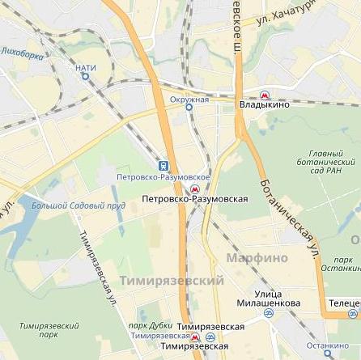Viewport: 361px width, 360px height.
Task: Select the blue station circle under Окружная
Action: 189,107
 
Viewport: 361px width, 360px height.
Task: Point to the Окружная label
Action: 189,99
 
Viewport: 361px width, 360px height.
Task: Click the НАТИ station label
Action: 86,68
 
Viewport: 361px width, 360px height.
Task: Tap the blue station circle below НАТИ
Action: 85,77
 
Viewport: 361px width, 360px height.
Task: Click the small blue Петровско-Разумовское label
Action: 163,176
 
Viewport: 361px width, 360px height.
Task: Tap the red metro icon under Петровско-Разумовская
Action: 194,188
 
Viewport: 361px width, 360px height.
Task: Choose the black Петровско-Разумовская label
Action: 193,198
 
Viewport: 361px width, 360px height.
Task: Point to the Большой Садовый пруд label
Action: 79,205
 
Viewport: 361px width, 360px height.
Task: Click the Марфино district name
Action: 257,257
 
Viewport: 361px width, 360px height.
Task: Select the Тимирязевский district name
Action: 171,280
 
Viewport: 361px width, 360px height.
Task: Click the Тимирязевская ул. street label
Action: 98,268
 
